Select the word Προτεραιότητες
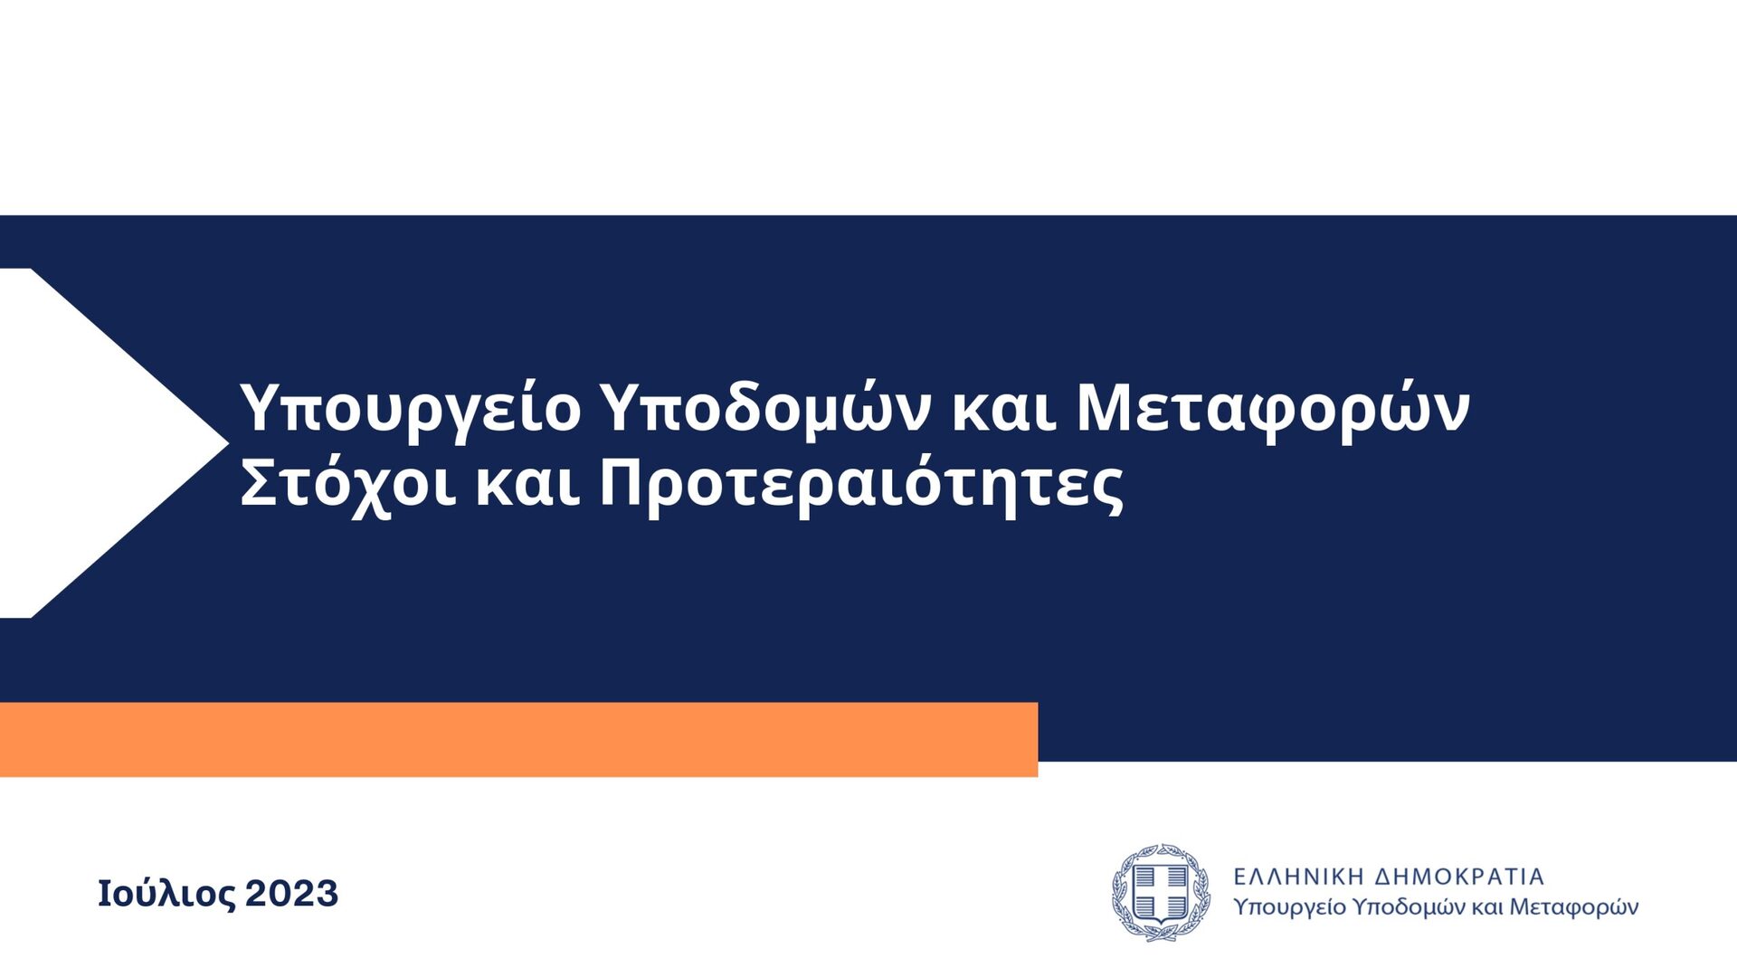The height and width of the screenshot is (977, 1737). coord(861,486)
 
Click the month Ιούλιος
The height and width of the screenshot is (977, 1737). coord(166,894)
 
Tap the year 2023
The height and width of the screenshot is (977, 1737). coord(291,894)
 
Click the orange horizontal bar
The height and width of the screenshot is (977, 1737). coord(518,739)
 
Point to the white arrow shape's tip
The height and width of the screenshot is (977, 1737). coord(229,443)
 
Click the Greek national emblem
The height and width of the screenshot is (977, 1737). coord(1161,893)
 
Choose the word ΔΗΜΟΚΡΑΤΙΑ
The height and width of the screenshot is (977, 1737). coord(1459,877)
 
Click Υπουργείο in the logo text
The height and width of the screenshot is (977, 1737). coord(1290,907)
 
